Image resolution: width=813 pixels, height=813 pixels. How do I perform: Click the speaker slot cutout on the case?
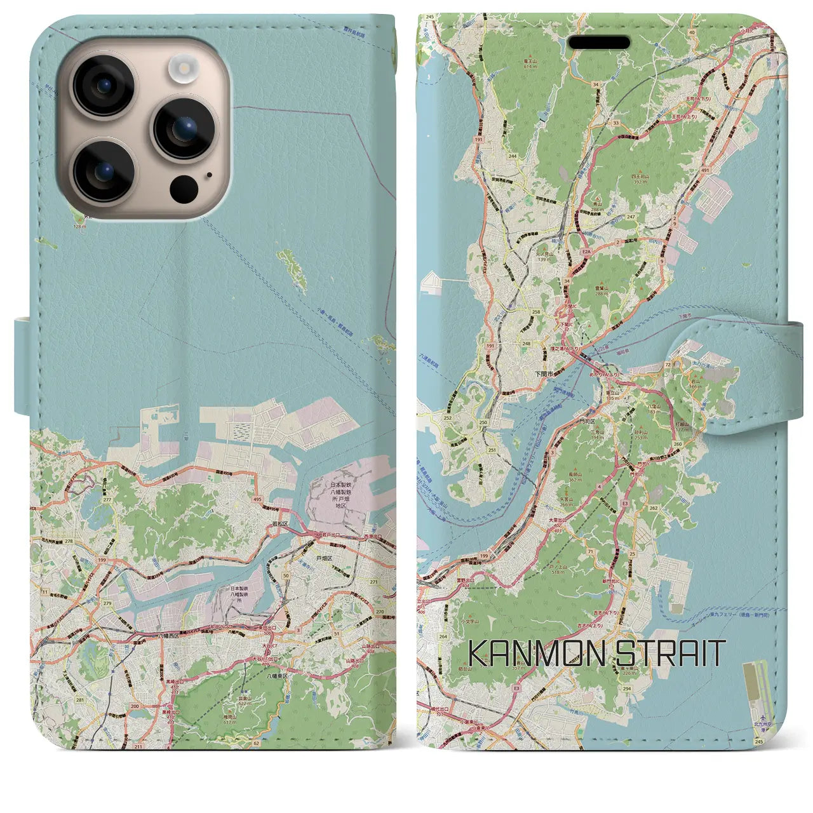click(x=599, y=43)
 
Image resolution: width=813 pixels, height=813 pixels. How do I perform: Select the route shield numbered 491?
click(x=704, y=170)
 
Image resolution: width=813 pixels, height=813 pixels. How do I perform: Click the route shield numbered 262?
click(x=654, y=507)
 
